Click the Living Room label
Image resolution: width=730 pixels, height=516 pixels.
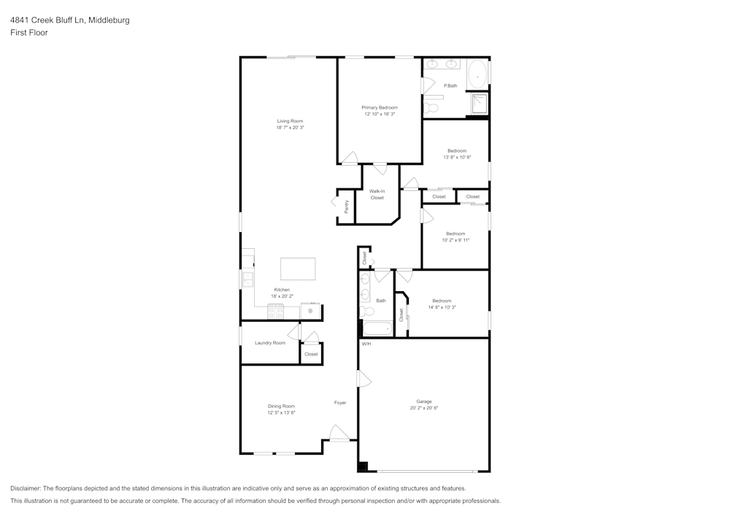click(290, 121)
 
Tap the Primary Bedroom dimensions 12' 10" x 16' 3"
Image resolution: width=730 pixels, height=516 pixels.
click(380, 114)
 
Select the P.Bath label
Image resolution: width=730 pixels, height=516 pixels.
click(450, 86)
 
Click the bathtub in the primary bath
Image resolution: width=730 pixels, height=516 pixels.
click(477, 74)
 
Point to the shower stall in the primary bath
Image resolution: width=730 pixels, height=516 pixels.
click(479, 104)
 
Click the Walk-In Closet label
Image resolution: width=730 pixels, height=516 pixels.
click(377, 194)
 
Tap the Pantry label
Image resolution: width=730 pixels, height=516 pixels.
click(346, 207)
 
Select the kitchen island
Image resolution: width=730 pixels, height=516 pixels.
click(298, 269)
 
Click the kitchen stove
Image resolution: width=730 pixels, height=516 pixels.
click(276, 312)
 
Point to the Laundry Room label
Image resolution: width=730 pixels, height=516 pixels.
click(270, 342)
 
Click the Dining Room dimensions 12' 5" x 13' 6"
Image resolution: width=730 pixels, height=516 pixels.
click(281, 413)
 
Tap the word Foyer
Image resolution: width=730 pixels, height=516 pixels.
click(340, 403)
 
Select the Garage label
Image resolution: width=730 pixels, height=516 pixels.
click(424, 401)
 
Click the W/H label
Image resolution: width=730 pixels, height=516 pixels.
click(366, 344)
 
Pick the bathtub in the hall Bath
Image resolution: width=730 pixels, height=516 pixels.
click(377, 328)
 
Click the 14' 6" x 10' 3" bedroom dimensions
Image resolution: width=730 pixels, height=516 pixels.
click(442, 307)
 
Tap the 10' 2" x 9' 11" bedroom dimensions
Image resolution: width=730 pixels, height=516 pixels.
click(456, 240)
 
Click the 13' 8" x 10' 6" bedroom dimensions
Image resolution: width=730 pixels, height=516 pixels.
click(457, 157)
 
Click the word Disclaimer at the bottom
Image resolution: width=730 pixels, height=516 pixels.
click(26, 488)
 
